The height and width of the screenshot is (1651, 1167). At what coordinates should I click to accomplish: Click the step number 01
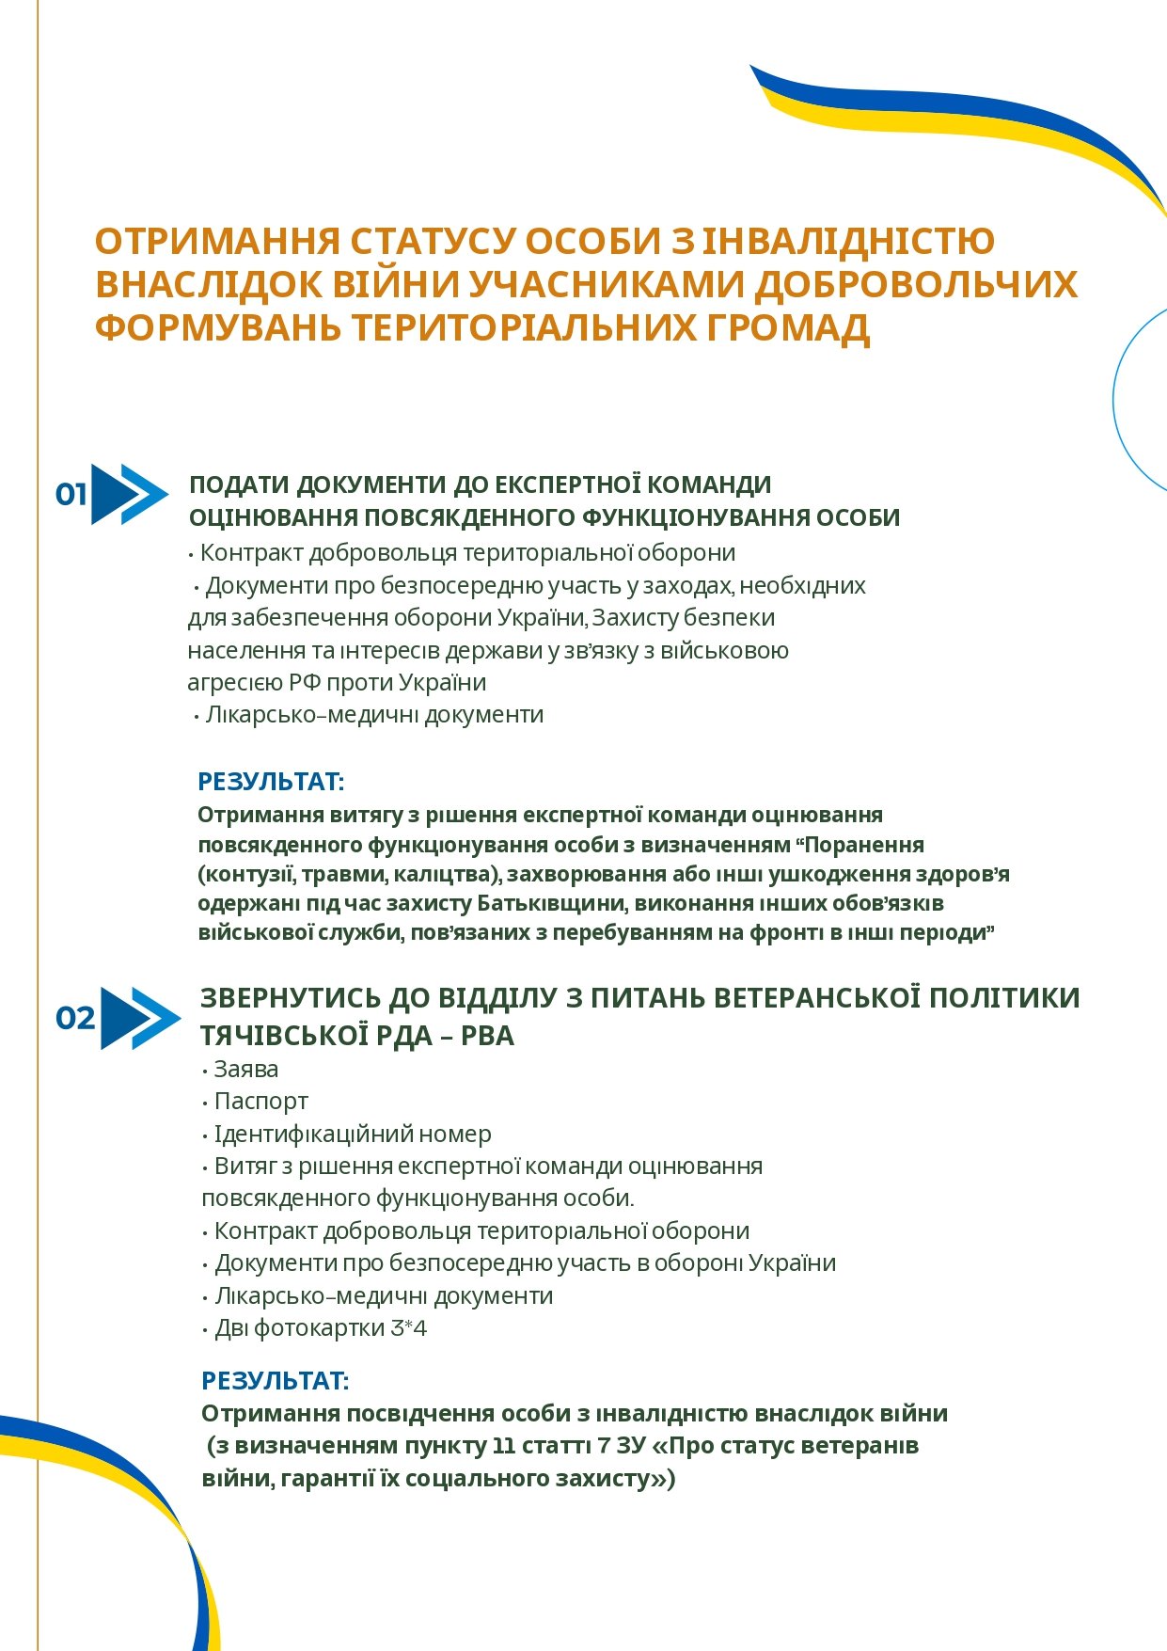pyautogui.click(x=71, y=494)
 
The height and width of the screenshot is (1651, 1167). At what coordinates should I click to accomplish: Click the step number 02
pyautogui.click(x=75, y=1018)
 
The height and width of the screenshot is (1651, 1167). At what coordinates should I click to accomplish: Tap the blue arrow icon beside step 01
pyautogui.click(x=130, y=494)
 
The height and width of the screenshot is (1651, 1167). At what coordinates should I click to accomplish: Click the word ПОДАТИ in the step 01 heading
pyautogui.click(x=239, y=485)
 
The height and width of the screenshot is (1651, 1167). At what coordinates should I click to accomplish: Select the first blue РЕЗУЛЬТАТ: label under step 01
pyautogui.click(x=271, y=782)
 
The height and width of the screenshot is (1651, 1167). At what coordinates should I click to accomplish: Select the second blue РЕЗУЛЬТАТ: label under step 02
pyautogui.click(x=275, y=1381)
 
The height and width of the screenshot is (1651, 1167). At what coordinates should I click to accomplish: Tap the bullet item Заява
pyautogui.click(x=245, y=1070)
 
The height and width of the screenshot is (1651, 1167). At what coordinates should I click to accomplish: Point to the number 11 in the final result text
pyautogui.click(x=505, y=1446)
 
